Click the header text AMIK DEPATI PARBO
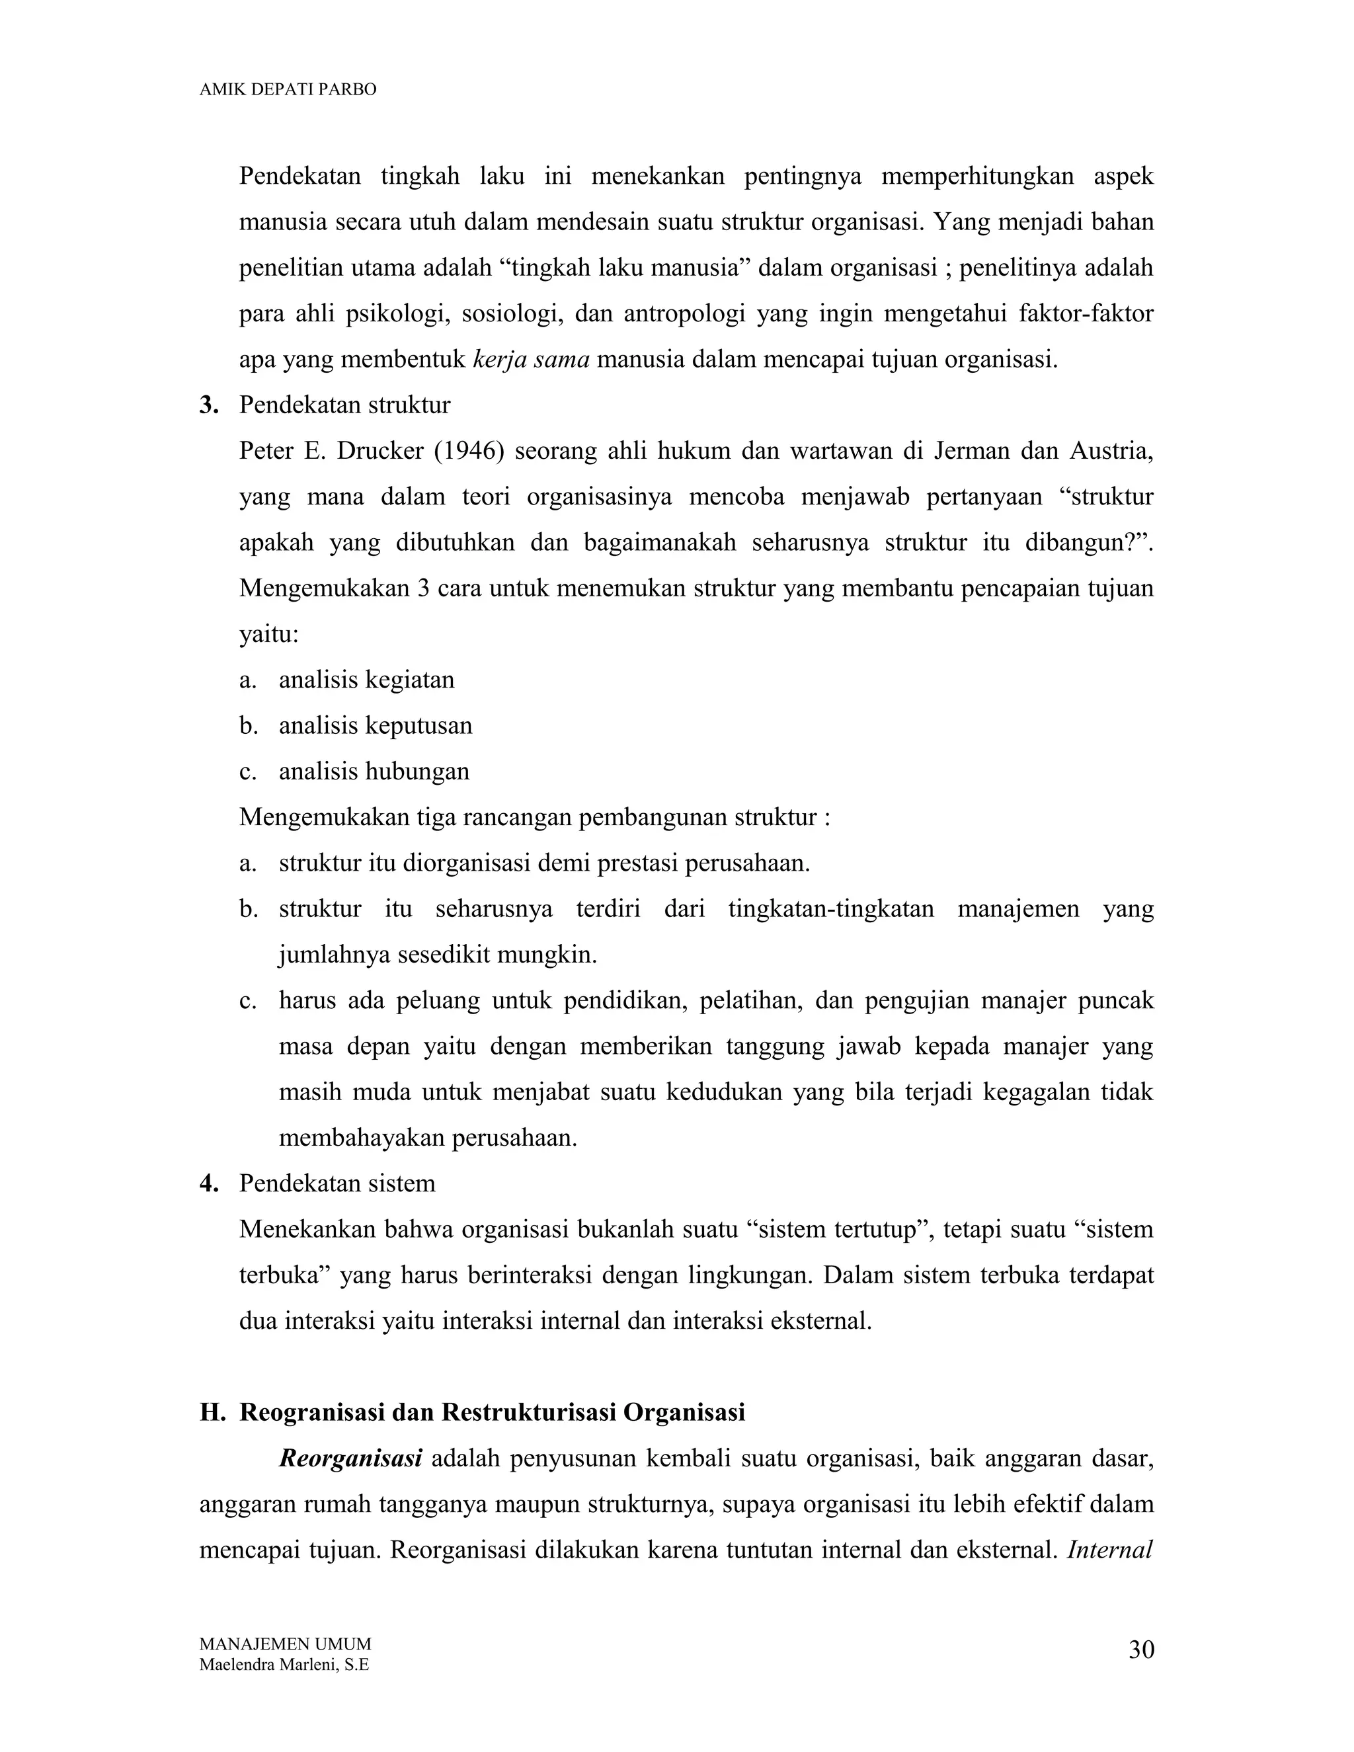point(287,90)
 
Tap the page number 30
point(1140,1650)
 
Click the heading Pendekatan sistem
point(337,1183)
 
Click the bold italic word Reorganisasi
point(350,1458)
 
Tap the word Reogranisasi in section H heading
point(311,1412)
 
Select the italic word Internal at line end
point(1109,1550)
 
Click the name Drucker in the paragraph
point(380,451)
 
